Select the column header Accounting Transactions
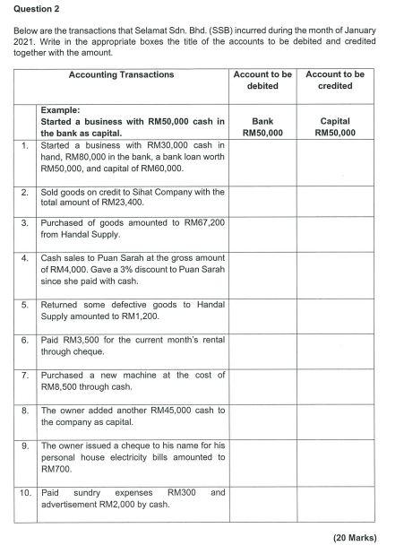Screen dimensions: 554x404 121,74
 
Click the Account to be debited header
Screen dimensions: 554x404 262,80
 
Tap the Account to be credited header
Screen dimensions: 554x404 335,80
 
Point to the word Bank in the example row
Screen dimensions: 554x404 262,120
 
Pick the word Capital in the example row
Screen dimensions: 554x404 335,120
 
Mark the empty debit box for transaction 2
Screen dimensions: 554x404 262,198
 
